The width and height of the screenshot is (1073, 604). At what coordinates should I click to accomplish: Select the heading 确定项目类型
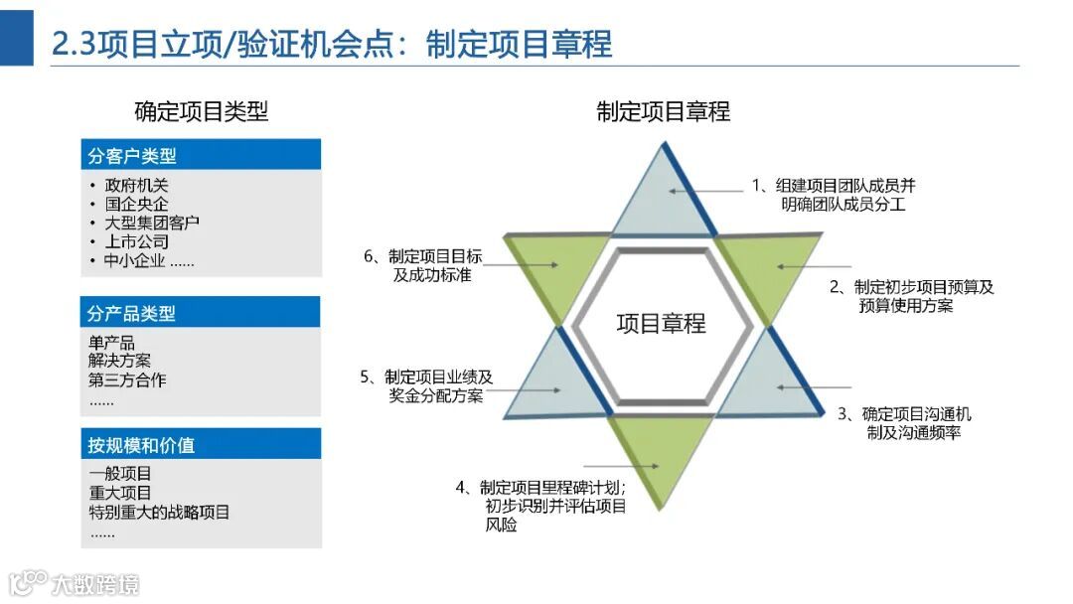tap(201, 111)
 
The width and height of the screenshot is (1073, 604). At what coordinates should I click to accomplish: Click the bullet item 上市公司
tap(137, 241)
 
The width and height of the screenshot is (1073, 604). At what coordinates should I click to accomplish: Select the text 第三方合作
tap(127, 379)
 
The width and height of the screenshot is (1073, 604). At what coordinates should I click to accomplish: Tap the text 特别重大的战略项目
tap(159, 512)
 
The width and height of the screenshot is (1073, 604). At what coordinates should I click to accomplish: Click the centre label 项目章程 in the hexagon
tap(661, 323)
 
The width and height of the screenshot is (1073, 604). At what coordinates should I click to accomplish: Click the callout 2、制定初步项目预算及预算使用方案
tap(912, 296)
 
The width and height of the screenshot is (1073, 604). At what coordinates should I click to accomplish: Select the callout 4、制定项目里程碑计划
tap(541, 506)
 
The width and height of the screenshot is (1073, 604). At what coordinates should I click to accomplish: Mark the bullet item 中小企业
tap(149, 261)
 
